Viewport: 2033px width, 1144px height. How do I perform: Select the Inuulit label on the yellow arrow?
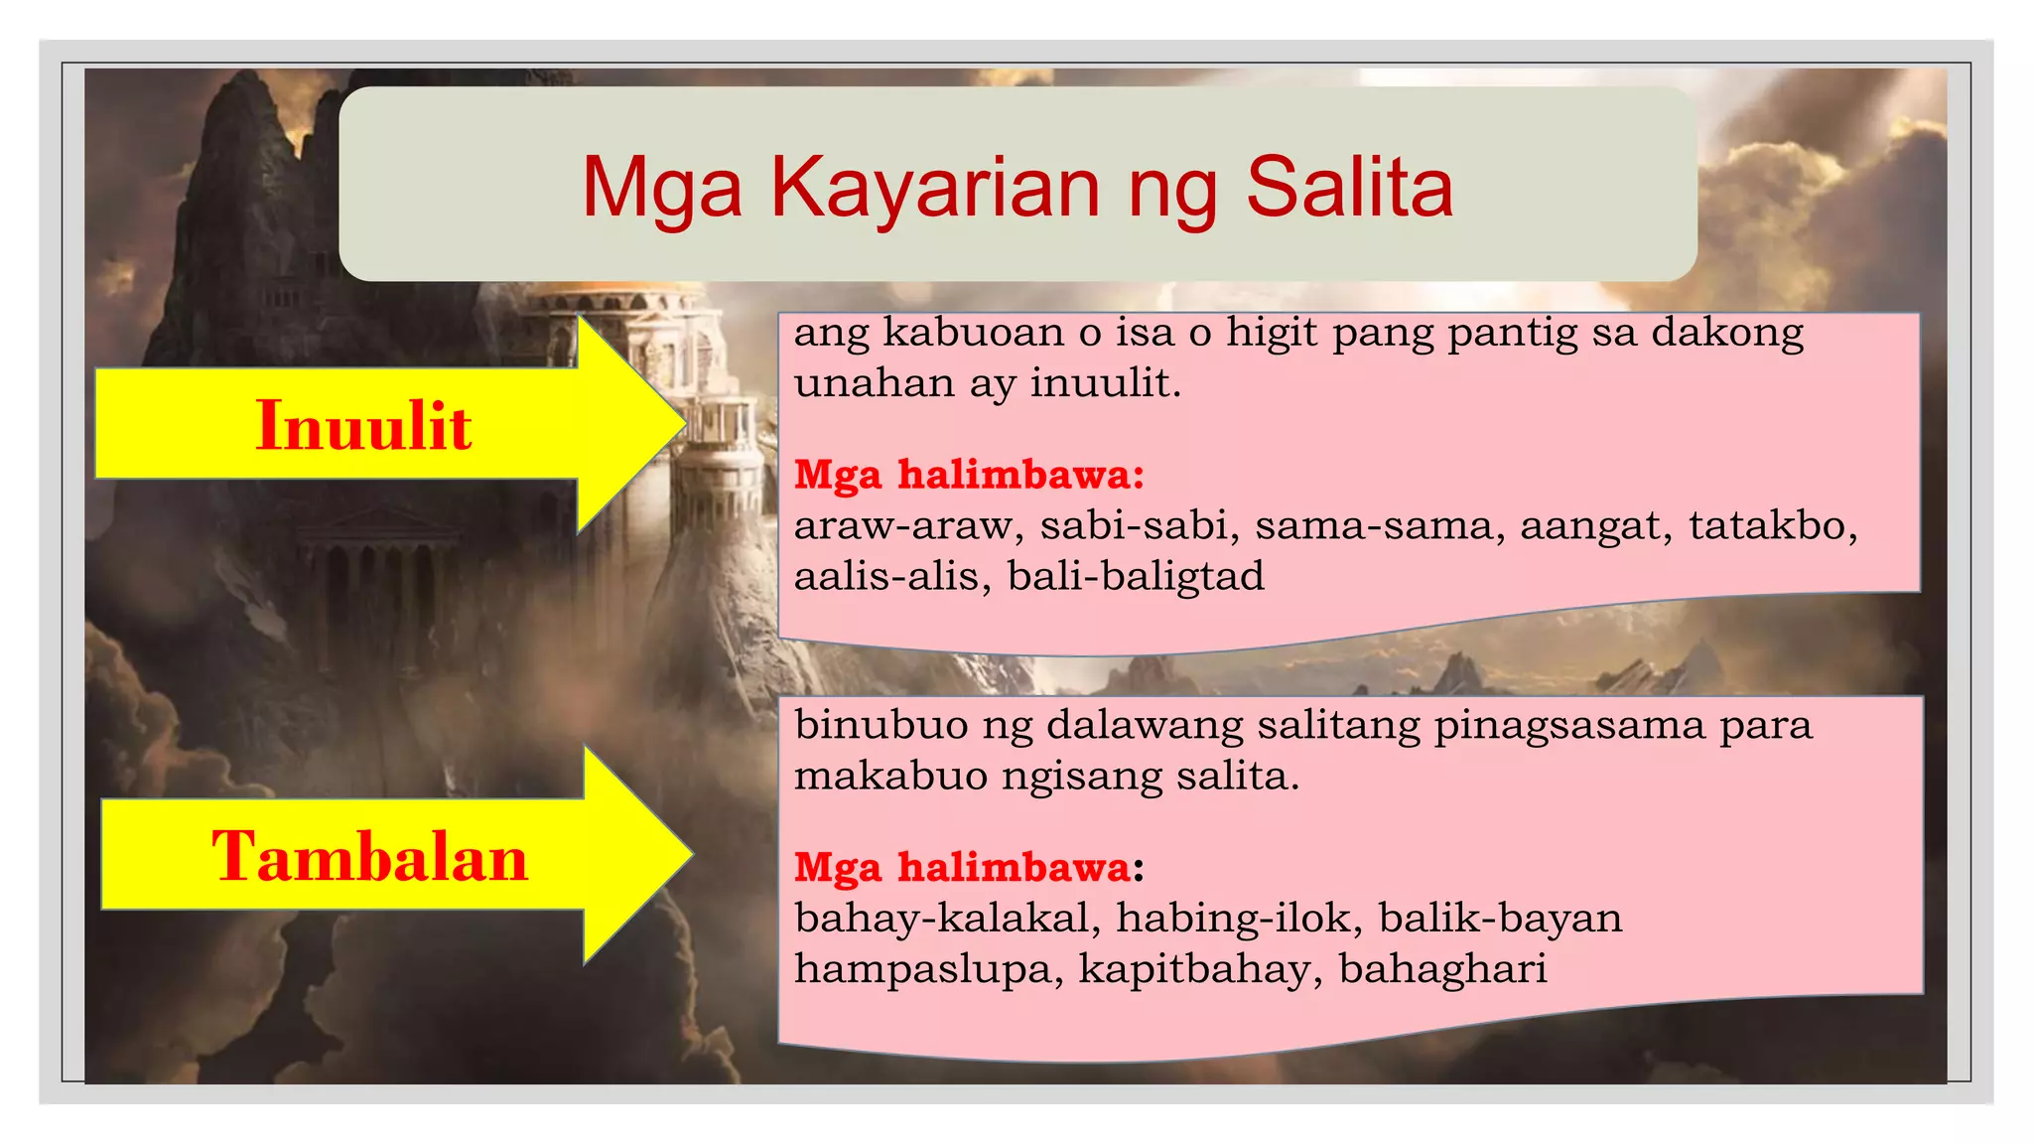(x=363, y=425)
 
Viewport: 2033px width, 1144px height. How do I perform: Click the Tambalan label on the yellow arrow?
(x=369, y=856)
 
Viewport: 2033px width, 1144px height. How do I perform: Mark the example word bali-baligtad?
(x=1136, y=576)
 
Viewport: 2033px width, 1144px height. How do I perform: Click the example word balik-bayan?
(x=1500, y=918)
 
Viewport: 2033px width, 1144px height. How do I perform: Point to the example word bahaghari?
(x=1442, y=968)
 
